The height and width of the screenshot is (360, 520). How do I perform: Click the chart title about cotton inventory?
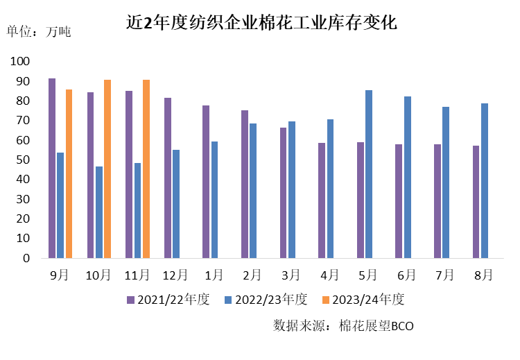point(261,22)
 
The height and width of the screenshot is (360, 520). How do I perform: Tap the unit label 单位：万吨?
point(39,31)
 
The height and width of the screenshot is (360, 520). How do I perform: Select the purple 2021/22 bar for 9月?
point(52,168)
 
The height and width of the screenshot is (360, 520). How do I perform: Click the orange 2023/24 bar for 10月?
point(107,169)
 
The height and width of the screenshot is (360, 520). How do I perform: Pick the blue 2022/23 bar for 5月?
point(369,173)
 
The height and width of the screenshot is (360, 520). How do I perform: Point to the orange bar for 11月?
point(146,169)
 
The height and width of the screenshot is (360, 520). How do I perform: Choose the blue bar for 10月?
point(99,212)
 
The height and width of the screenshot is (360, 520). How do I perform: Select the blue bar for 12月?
point(176,203)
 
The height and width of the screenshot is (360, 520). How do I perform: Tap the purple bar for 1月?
point(206,181)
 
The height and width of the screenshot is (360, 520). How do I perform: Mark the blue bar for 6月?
point(408,177)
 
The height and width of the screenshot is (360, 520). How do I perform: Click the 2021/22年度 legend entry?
point(167,300)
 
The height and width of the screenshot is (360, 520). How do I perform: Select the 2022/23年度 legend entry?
point(266,300)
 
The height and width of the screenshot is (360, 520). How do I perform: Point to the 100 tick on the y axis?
point(20,62)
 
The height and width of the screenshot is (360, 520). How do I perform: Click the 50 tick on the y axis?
point(23,160)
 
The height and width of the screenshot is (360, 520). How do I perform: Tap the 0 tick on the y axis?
point(26,258)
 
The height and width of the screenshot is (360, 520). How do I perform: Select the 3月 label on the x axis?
point(291,275)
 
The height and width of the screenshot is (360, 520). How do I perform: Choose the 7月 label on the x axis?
point(446,275)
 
